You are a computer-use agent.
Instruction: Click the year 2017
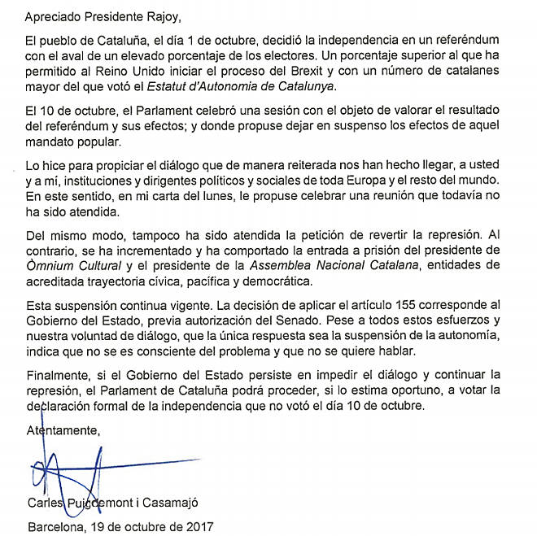point(195,526)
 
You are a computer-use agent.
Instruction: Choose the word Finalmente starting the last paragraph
point(58,375)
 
